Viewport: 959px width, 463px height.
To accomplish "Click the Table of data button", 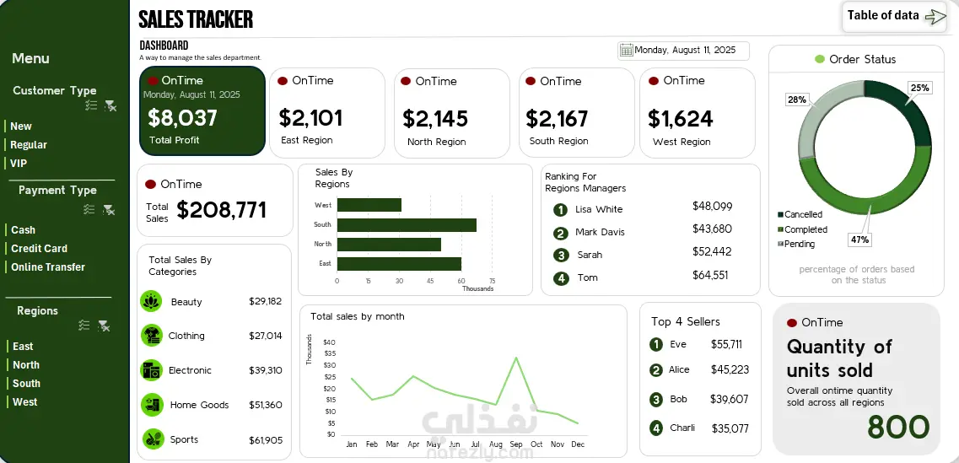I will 894,16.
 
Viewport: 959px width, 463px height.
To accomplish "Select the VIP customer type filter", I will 19,164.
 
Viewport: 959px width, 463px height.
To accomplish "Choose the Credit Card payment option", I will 39,249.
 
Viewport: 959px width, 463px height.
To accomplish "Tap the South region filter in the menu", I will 26,384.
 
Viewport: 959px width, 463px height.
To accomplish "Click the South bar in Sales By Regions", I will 407,225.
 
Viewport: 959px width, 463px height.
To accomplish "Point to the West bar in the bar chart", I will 369,205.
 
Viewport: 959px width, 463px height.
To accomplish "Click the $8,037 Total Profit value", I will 182,118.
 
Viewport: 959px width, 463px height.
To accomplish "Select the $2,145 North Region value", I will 435,119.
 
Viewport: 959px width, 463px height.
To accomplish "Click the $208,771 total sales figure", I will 222,210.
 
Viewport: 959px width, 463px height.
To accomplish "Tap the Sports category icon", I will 152,439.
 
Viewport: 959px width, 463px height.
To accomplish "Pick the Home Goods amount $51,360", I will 266,405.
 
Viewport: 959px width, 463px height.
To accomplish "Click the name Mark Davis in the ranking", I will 600,232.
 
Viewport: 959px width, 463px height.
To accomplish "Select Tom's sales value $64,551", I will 710,275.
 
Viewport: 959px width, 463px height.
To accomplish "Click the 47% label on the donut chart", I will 859,240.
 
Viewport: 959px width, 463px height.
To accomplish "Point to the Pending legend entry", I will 799,245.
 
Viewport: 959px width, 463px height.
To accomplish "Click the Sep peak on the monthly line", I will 516,358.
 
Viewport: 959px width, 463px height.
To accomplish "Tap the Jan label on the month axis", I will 352,444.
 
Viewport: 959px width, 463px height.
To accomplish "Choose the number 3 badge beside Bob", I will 656,400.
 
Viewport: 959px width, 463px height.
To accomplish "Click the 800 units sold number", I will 897,428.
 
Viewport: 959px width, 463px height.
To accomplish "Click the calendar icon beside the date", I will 626,51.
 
